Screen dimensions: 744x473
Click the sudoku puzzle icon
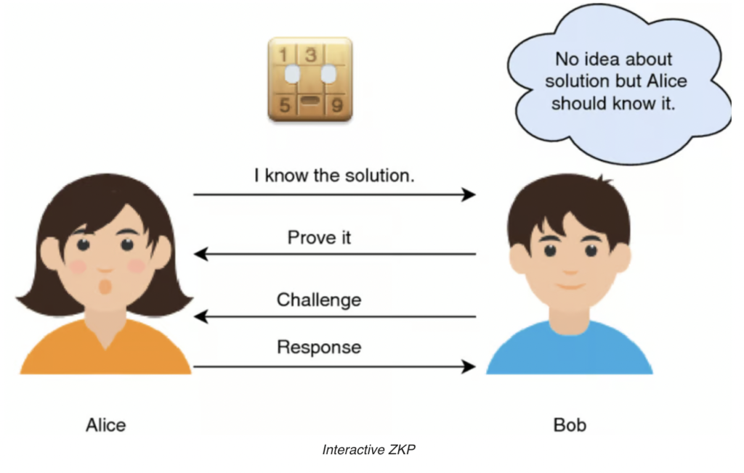pyautogui.click(x=310, y=78)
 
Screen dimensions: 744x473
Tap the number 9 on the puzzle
pyautogui.click(x=337, y=104)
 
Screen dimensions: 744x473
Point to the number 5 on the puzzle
pyautogui.click(x=284, y=104)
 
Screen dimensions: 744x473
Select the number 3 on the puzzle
pyautogui.click(x=311, y=54)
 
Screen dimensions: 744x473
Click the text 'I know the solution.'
pyautogui.click(x=334, y=176)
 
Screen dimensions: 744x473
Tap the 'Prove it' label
pyautogui.click(x=320, y=237)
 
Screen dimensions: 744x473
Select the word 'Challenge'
pyautogui.click(x=319, y=300)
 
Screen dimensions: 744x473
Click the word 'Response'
pyautogui.click(x=319, y=347)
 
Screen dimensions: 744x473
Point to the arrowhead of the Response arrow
pyautogui.click(x=469, y=366)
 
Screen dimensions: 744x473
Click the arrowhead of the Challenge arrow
pyautogui.click(x=201, y=316)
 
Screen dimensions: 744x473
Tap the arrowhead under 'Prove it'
pyautogui.click(x=201, y=254)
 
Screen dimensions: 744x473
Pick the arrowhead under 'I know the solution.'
pyautogui.click(x=469, y=194)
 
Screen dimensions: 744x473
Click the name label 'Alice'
pyautogui.click(x=106, y=425)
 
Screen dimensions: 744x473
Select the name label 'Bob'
pyautogui.click(x=570, y=425)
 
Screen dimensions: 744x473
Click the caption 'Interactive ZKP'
pyautogui.click(x=368, y=449)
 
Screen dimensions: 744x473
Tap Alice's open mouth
pyautogui.click(x=105, y=287)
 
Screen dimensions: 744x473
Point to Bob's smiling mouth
pyautogui.click(x=570, y=287)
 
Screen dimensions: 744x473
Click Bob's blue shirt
pyautogui.click(x=570, y=350)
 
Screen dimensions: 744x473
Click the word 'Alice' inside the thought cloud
pyautogui.click(x=667, y=81)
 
